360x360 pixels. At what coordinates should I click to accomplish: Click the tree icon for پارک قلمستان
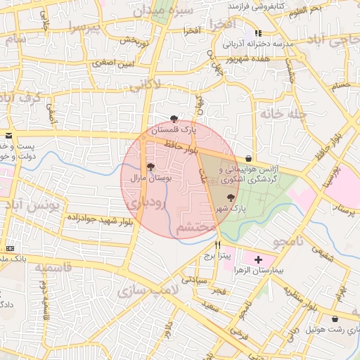pos(174,118)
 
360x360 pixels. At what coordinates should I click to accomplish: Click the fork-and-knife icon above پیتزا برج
pos(217,244)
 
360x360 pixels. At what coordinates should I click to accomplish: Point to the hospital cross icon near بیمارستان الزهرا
pos(258,259)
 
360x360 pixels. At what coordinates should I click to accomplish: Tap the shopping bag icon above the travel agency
pos(249,158)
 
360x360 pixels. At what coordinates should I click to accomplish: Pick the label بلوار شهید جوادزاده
pos(101,220)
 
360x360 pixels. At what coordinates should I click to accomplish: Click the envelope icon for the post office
pos(8,134)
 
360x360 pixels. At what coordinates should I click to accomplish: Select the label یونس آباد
pos(32,205)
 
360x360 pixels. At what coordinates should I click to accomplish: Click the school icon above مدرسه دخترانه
pos(258,33)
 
